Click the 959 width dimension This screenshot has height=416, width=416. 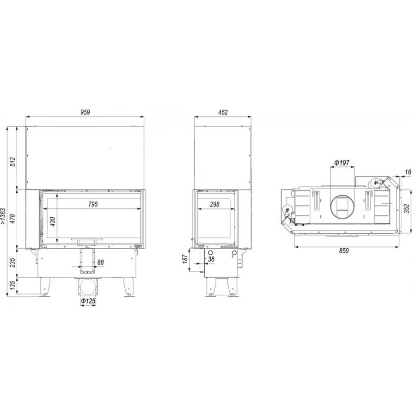click(85, 112)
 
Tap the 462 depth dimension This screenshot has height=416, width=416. click(223, 112)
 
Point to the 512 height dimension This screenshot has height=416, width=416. click(13, 162)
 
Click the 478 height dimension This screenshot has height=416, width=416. click(13, 218)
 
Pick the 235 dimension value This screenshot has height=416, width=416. click(13, 263)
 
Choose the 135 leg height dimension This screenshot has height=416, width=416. click(13, 286)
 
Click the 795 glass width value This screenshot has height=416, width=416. click(93, 204)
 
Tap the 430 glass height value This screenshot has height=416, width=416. click(53, 221)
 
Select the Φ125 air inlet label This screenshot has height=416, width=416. click(88, 301)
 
